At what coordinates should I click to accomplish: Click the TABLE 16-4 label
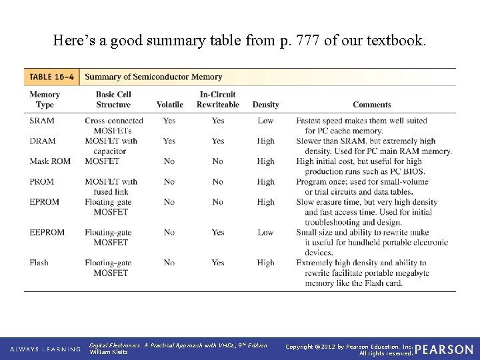[51, 77]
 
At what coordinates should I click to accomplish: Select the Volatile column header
[169, 105]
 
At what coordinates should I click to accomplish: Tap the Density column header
[265, 105]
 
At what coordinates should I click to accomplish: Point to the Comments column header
[371, 105]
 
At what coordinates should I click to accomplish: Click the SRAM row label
[42, 121]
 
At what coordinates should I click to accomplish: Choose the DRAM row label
[43, 141]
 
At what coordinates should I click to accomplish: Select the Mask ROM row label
[49, 161]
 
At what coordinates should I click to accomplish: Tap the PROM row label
[43, 181]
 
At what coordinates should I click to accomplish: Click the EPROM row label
[45, 201]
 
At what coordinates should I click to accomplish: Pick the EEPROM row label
[47, 232]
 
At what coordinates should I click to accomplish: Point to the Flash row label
[39, 263]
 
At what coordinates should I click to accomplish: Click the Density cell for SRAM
[265, 121]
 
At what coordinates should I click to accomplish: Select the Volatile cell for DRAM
[169, 141]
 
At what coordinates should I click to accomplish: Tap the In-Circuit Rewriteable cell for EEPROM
[218, 232]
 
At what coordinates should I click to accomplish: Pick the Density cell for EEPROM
[265, 232]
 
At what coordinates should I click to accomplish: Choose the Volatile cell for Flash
[169, 263]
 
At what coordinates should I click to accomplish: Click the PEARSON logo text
[444, 349]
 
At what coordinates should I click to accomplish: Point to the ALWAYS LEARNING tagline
[45, 349]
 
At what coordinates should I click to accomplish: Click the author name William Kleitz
[107, 353]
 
